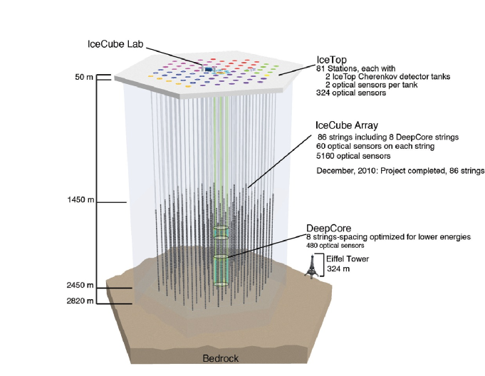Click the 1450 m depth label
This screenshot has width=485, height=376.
tap(80, 202)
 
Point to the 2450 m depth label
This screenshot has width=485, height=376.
tap(80, 286)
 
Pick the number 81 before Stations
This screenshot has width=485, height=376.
tap(320, 68)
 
